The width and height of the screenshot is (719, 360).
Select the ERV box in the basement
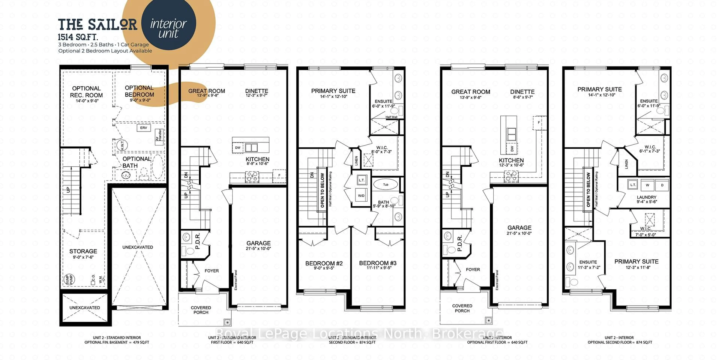click(143, 128)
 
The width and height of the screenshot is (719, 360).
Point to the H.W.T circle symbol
click(122, 145)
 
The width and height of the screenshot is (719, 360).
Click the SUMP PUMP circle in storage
click(69, 279)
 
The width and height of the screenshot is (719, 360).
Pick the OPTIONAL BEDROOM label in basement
click(139, 92)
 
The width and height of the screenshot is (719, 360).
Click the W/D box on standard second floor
click(361, 196)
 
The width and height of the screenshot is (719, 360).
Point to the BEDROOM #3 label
click(378, 263)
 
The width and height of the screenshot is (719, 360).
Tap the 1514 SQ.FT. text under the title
click(78, 37)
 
